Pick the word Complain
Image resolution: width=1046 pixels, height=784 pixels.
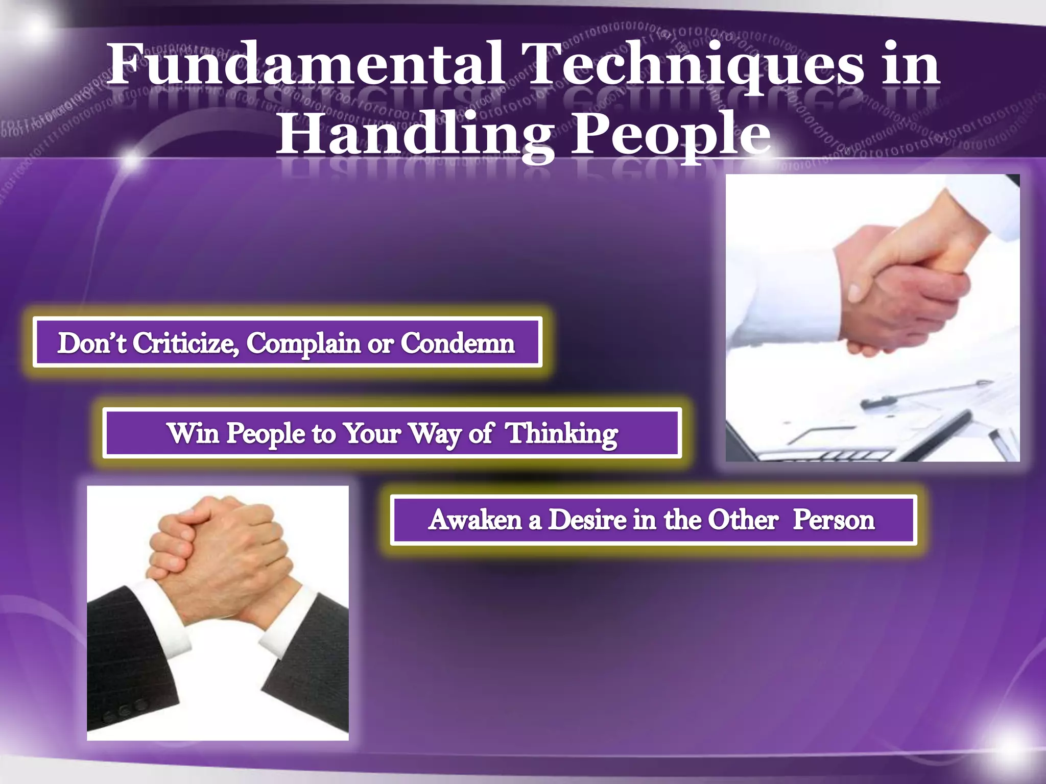point(304,342)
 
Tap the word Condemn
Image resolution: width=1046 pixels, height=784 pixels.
point(457,342)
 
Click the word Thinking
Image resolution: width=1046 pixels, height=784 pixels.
point(562,433)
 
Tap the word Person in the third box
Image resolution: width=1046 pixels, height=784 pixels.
point(834,520)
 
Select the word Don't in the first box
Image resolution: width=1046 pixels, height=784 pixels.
point(92,342)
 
